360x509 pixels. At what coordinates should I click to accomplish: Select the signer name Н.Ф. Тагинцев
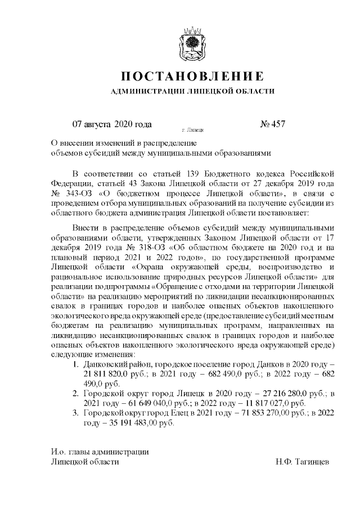[x=302, y=462]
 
